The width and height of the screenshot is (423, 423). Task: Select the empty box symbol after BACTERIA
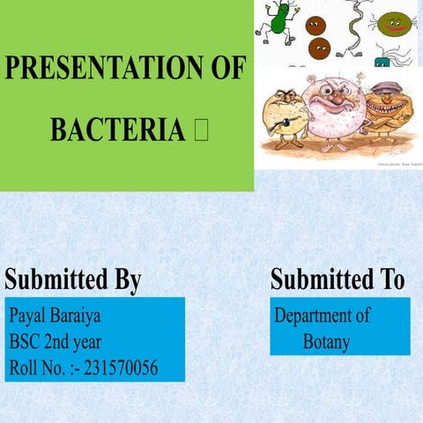pos(200,130)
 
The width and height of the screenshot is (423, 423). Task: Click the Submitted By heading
pos(73,279)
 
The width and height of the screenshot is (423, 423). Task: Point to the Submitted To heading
pos(338,279)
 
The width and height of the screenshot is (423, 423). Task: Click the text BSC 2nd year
pos(56,341)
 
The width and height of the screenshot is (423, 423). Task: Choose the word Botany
pos(326,342)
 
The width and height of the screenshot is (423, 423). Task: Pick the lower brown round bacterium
pos(320,48)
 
